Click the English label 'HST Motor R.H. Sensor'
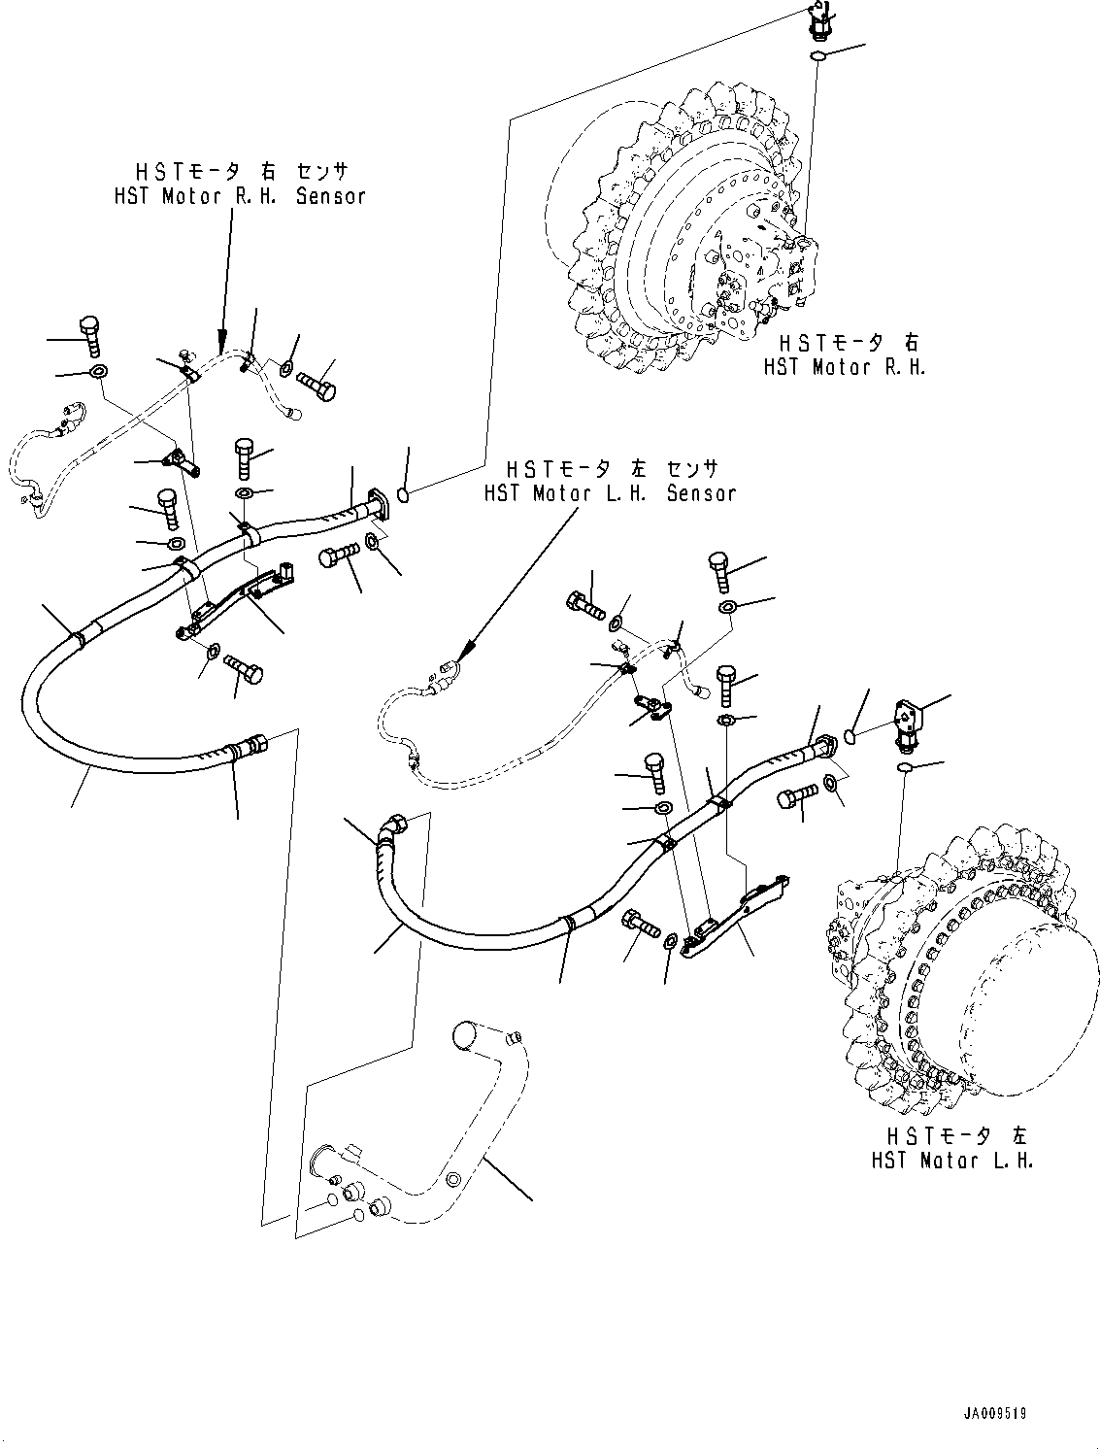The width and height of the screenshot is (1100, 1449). click(x=240, y=196)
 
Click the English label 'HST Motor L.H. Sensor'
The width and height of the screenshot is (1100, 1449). click(x=610, y=493)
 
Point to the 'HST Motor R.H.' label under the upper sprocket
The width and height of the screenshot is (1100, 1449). click(x=844, y=367)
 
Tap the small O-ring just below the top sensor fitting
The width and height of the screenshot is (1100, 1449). click(x=818, y=57)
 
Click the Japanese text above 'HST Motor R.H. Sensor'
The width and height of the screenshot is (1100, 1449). click(x=240, y=173)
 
